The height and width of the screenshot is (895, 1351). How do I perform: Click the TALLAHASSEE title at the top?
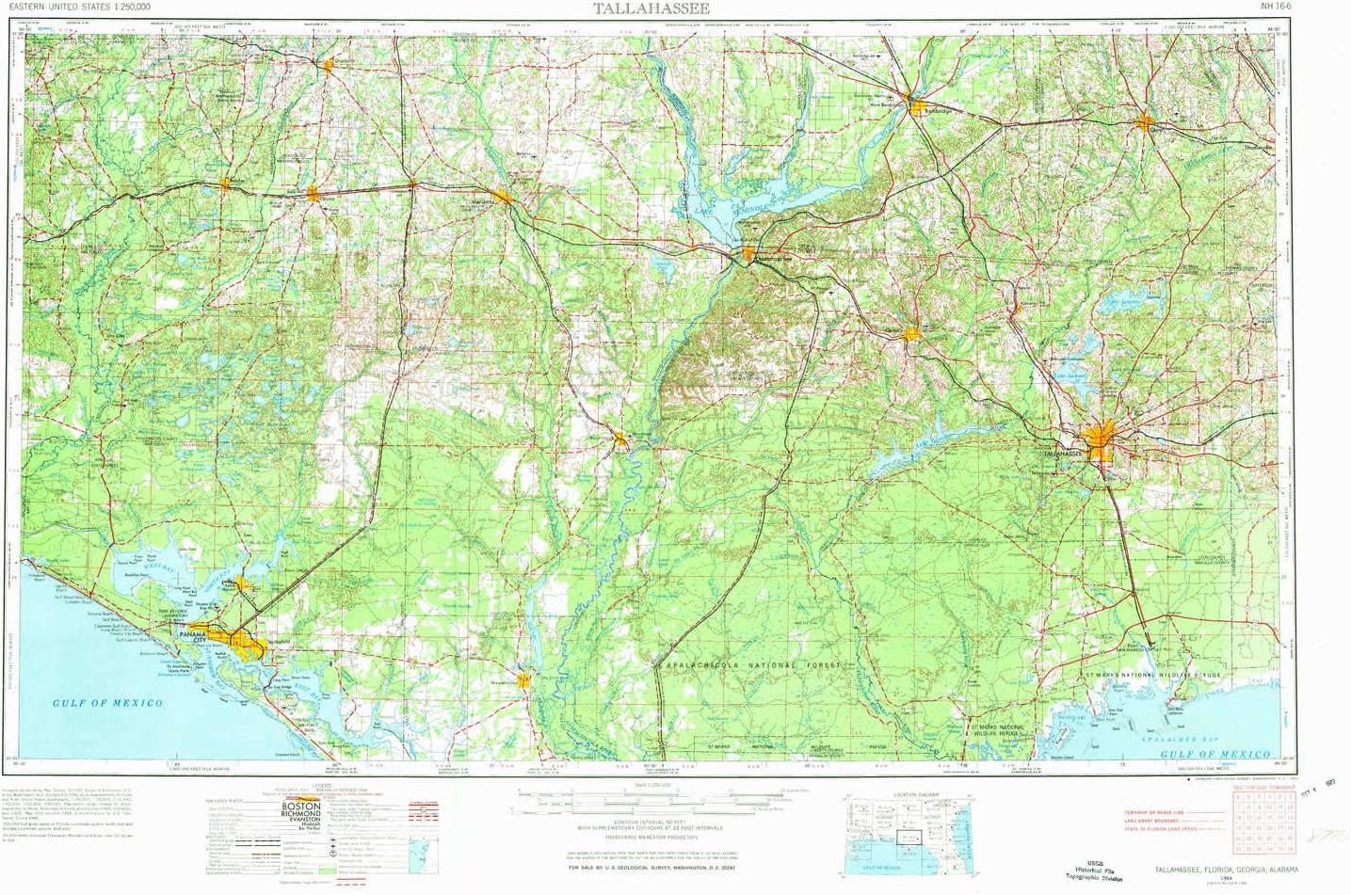click(x=651, y=8)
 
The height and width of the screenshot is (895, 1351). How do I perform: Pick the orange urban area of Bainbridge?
click(x=912, y=99)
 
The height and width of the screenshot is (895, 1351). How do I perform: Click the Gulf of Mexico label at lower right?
click(x=1214, y=755)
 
